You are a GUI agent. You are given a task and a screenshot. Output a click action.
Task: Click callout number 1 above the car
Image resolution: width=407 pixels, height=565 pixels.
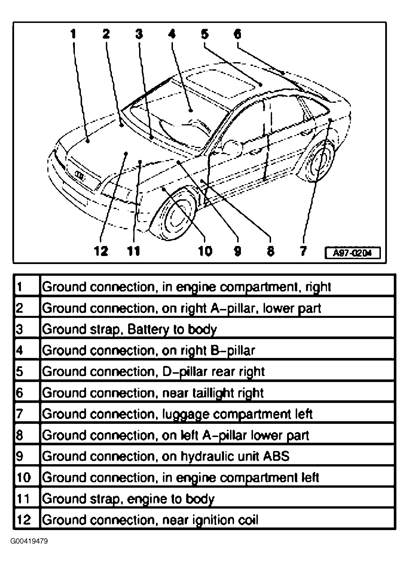pos(73,34)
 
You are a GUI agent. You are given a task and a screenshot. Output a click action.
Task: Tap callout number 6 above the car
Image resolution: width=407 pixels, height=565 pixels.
pos(237,34)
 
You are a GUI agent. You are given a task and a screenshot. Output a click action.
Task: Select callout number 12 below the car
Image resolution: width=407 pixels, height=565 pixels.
pos(101,251)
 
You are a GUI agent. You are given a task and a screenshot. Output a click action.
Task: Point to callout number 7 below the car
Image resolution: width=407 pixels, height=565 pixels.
pos(303,251)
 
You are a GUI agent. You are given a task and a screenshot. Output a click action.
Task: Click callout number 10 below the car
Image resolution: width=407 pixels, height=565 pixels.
pos(205,251)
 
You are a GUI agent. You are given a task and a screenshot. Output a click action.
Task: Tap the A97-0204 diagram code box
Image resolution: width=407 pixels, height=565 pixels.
pos(353,253)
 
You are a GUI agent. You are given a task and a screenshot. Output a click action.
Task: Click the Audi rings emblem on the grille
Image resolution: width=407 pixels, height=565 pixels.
pos(80,175)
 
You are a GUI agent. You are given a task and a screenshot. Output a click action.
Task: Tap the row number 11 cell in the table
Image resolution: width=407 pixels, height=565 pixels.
pos(24,499)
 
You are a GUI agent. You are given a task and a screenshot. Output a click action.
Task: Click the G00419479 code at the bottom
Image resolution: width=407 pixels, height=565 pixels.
pos(29,542)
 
